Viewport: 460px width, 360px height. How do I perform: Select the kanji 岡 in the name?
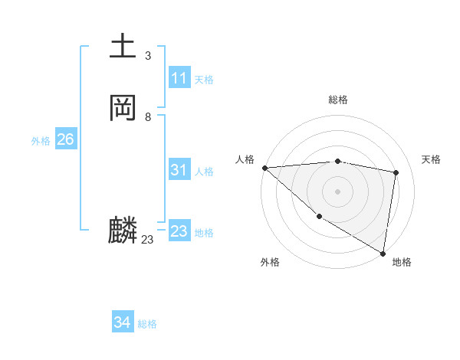[x=123, y=108]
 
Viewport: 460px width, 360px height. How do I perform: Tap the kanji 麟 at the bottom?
[x=123, y=231]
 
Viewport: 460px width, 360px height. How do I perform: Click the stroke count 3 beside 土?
[x=147, y=56]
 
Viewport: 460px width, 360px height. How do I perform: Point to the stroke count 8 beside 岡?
[x=147, y=117]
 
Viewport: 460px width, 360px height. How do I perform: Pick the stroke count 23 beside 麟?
[x=147, y=240]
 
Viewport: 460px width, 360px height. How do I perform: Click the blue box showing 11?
[x=179, y=78]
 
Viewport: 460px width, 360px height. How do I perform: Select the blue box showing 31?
[x=179, y=170]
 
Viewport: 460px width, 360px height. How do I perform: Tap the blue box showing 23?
[x=179, y=231]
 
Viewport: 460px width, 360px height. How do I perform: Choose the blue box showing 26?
[x=65, y=139]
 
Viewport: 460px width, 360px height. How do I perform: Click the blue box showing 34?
[x=122, y=322]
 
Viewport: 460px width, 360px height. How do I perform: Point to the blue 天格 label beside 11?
[x=204, y=80]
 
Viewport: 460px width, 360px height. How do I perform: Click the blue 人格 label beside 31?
[x=204, y=172]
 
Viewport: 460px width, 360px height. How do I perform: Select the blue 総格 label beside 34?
[x=147, y=324]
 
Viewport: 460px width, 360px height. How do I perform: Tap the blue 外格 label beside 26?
[x=41, y=141]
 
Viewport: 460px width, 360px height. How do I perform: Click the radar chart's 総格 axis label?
[x=338, y=100]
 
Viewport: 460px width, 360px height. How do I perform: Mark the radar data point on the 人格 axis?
[x=264, y=168]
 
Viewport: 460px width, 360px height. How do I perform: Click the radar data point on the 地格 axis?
[x=383, y=252]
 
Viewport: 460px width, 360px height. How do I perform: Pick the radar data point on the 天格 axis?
[x=396, y=172]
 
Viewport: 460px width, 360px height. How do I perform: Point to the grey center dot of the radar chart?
[x=338, y=191]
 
